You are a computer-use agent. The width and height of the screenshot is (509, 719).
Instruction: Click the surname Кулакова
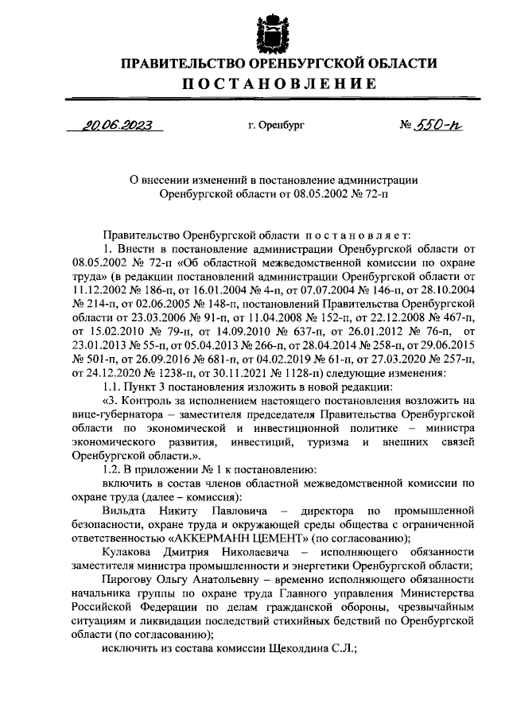(128, 552)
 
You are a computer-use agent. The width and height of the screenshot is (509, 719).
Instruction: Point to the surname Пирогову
(126, 580)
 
